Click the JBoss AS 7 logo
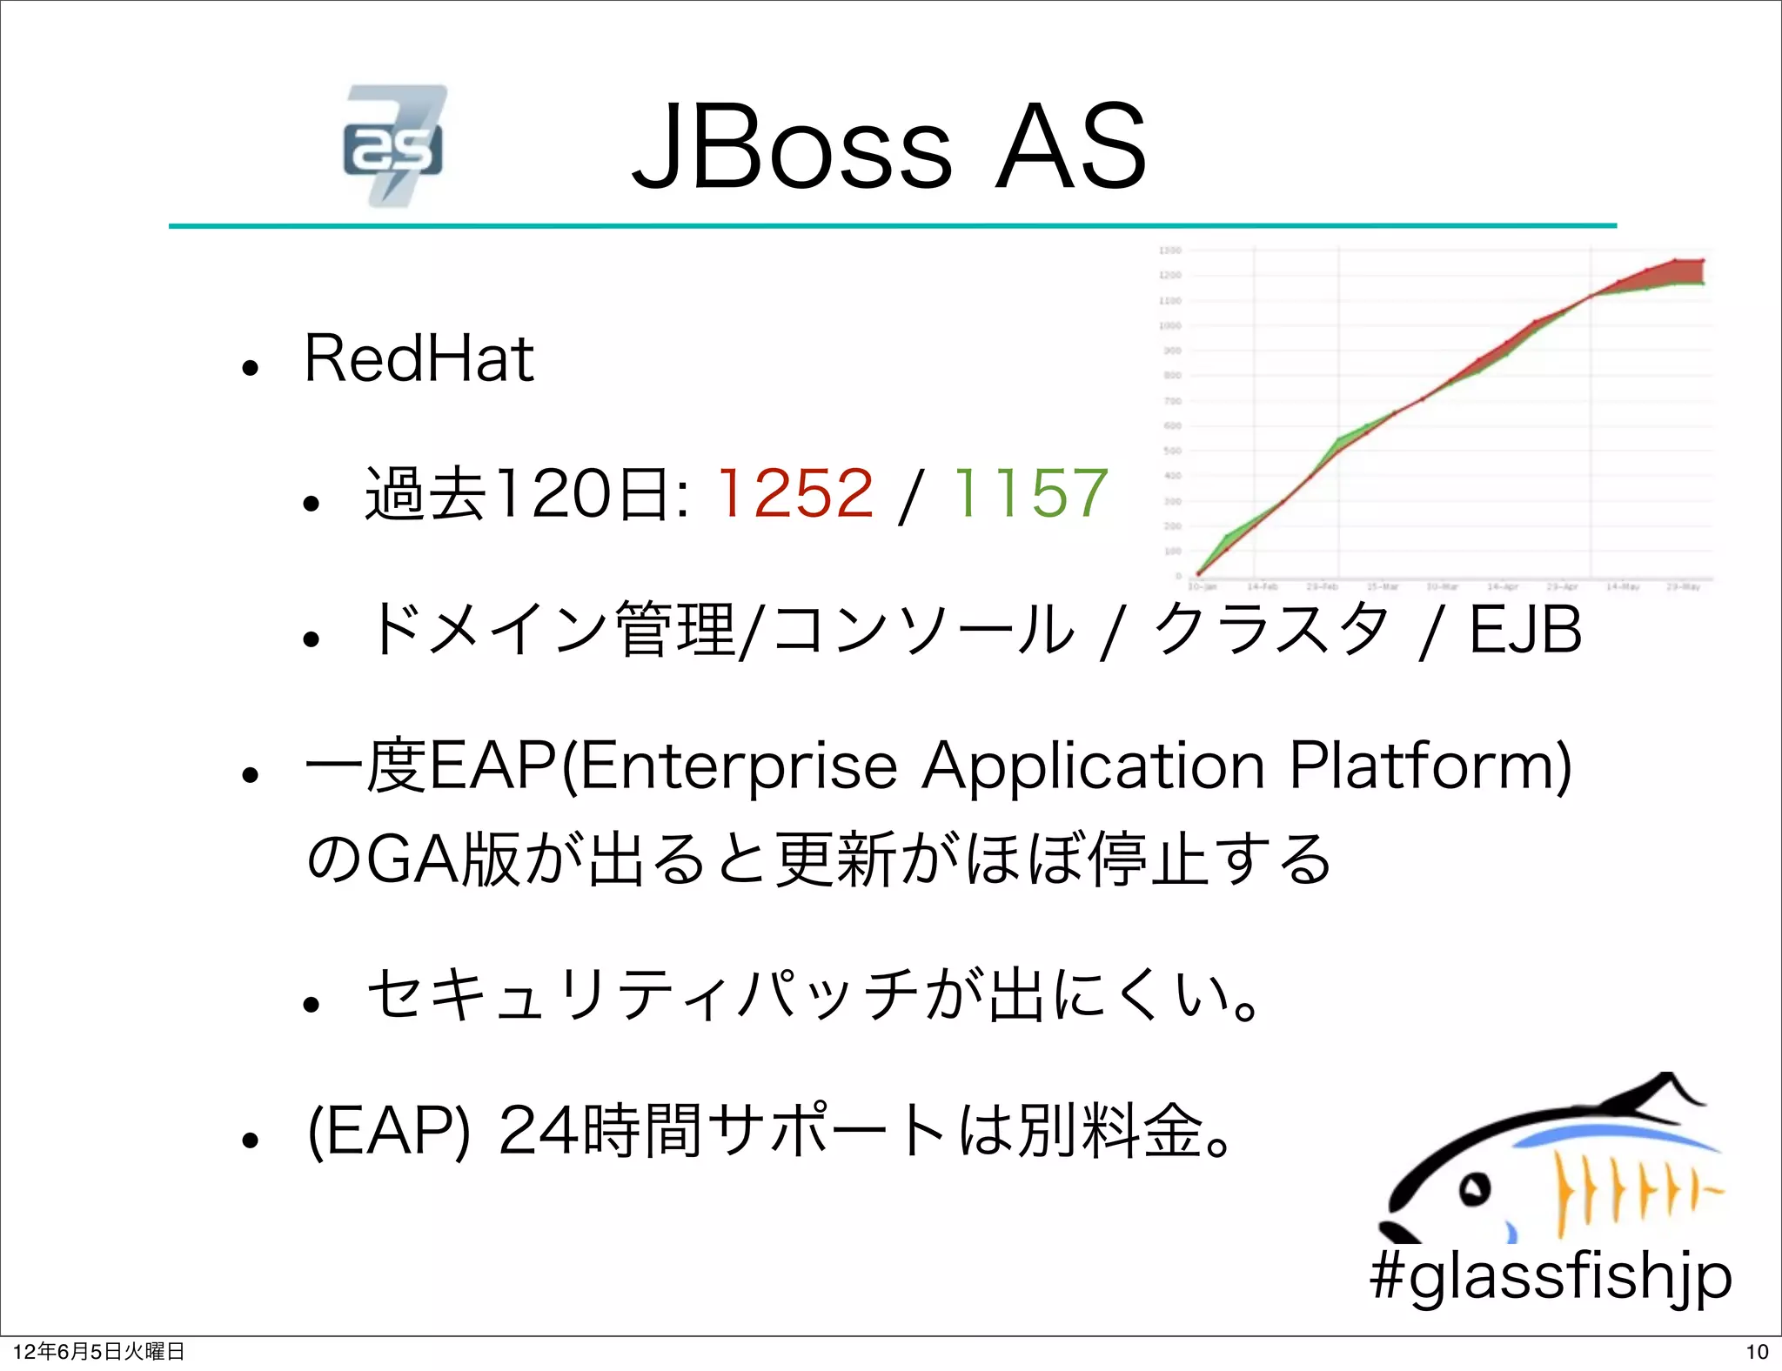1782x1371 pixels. (394, 145)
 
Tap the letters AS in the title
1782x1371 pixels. (1070, 147)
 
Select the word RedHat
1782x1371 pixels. (419, 358)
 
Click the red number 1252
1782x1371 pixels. (794, 492)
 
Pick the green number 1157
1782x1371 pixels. (1030, 492)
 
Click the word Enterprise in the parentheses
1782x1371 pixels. (738, 766)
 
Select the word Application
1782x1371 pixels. (1093, 766)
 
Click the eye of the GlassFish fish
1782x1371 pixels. (1473, 1188)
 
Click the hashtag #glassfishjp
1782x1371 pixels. (1551, 1277)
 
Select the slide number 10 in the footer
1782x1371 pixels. (1757, 1352)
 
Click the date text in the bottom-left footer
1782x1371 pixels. (98, 1352)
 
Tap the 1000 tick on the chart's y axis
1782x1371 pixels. (1170, 326)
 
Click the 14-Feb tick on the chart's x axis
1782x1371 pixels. (1262, 587)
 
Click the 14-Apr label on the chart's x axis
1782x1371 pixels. (1502, 587)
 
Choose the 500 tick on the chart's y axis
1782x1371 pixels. (1172, 451)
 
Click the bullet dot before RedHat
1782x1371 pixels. (251, 368)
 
